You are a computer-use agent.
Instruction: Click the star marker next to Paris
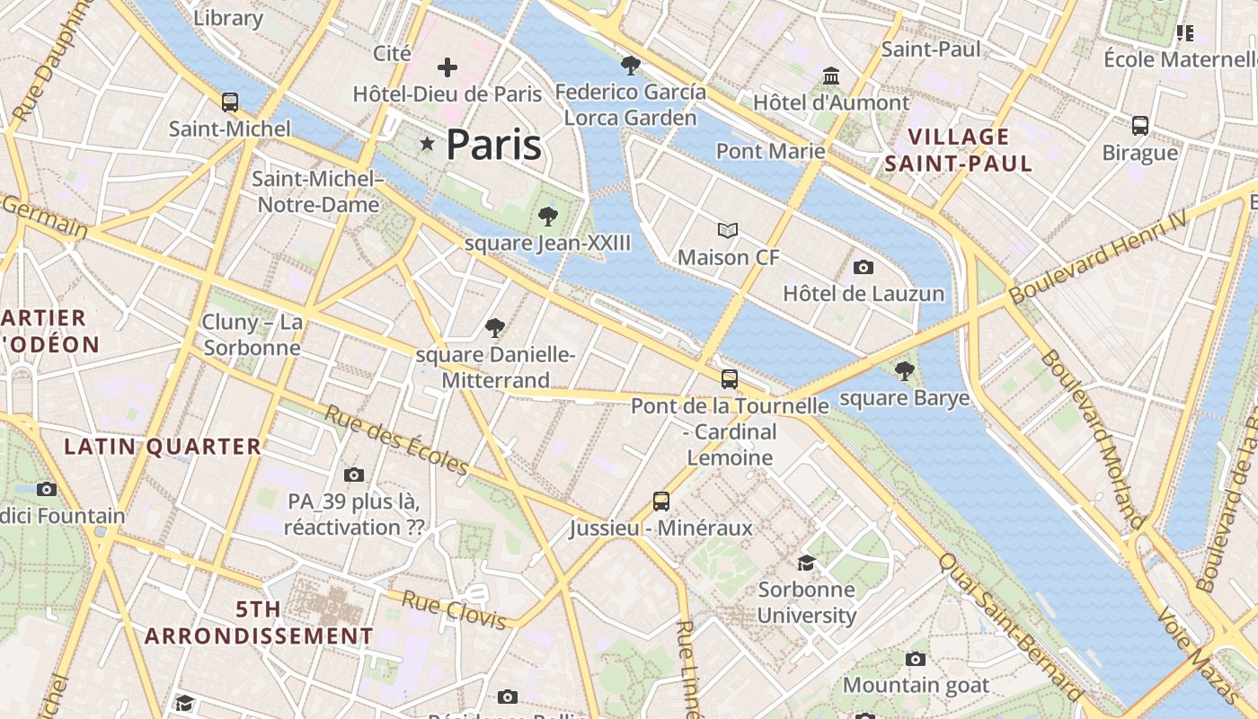click(x=427, y=144)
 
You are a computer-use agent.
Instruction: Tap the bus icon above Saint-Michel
click(x=230, y=102)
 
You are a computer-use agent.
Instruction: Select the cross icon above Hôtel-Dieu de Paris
click(x=447, y=67)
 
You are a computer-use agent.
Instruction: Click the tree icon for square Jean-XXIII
click(x=547, y=216)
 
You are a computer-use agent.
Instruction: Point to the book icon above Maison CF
click(x=728, y=231)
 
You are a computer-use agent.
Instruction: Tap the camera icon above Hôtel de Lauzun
click(x=864, y=267)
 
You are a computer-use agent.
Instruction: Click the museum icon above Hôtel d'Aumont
click(x=830, y=75)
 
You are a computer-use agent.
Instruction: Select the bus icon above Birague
click(x=1140, y=126)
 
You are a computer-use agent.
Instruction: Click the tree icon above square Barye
click(x=905, y=370)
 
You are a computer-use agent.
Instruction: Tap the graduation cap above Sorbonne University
click(x=806, y=563)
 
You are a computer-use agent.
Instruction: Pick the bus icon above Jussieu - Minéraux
click(x=661, y=501)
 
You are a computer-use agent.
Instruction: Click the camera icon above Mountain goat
click(x=916, y=659)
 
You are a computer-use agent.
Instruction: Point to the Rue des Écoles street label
click(x=395, y=439)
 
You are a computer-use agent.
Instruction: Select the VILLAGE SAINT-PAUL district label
click(x=958, y=150)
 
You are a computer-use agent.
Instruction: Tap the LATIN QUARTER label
click(x=163, y=446)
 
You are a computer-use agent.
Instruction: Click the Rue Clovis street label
click(x=459, y=609)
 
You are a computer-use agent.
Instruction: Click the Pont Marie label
click(x=770, y=150)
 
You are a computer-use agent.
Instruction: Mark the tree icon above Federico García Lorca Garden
click(x=631, y=65)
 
